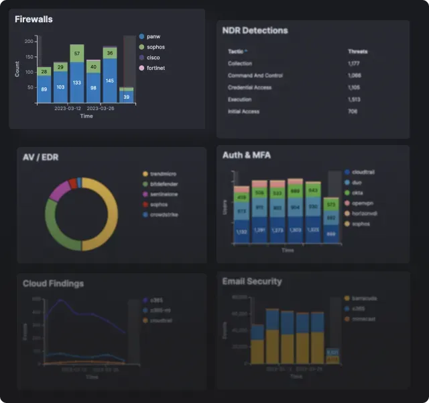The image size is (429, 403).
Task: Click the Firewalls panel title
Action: coord(34,19)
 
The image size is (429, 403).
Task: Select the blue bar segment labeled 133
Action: coord(77,83)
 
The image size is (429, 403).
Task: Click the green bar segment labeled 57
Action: coord(77,54)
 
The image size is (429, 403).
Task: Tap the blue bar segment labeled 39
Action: coord(126,97)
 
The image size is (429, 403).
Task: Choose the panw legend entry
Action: coord(153,36)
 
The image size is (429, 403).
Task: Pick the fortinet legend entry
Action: coord(156,68)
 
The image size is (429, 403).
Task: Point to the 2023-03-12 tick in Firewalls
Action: coord(68,108)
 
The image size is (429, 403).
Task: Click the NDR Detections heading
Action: coord(255,30)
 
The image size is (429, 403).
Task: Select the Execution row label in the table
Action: coord(239,99)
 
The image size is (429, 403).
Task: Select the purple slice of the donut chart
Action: coord(59,191)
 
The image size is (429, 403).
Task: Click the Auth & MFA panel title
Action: coord(246,155)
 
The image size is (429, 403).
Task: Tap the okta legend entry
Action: coord(357,192)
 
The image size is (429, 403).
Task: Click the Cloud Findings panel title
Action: coord(53,283)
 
